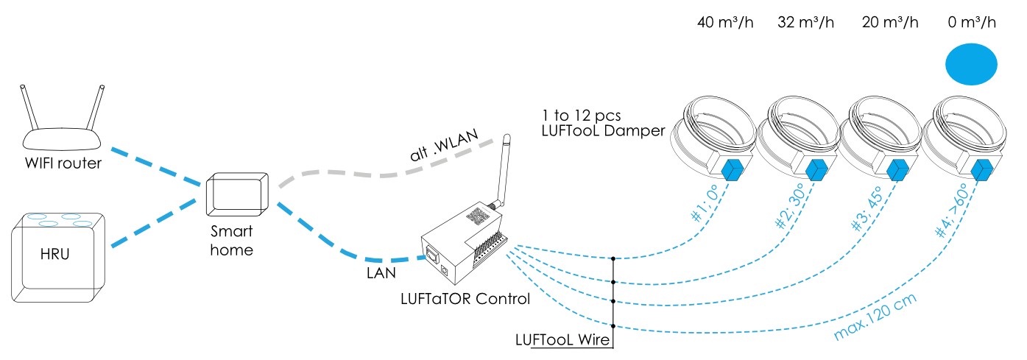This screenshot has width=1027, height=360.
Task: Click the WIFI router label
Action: [62, 163]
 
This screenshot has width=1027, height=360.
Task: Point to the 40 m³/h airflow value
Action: [725, 22]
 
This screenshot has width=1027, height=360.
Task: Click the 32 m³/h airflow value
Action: [806, 22]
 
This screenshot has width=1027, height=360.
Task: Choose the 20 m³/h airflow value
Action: [890, 22]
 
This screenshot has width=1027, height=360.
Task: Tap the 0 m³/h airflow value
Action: [972, 22]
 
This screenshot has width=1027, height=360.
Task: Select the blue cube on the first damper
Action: [733, 170]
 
